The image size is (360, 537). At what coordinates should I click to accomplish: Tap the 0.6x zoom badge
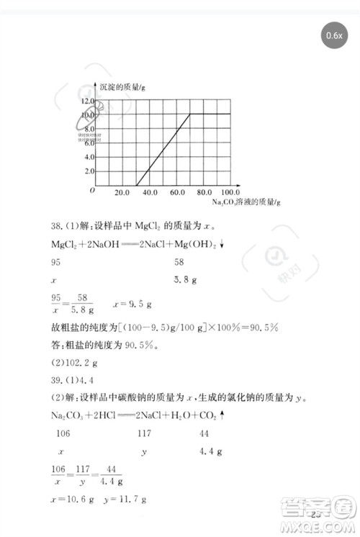(333, 35)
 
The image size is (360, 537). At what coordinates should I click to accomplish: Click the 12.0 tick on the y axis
(87, 101)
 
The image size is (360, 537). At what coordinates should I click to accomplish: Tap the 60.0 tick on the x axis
(176, 193)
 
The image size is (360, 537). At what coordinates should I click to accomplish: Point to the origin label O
(92, 191)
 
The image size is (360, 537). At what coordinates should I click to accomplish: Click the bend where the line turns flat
(189, 114)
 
